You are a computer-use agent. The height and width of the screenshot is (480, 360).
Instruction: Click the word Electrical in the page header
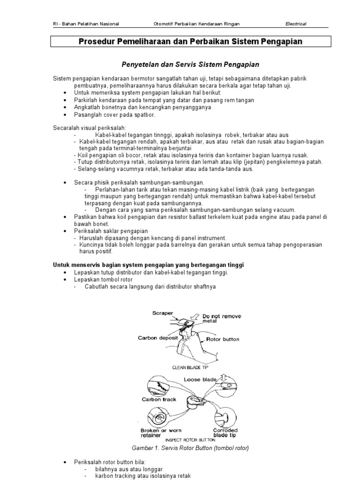tap(296, 24)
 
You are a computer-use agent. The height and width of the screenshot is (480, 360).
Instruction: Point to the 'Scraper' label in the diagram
tap(163, 313)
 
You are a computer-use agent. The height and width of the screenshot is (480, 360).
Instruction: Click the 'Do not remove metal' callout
tap(221, 319)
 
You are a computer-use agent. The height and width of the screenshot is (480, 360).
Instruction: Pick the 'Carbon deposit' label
tap(157, 337)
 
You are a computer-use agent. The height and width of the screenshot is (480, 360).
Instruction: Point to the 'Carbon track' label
tap(159, 399)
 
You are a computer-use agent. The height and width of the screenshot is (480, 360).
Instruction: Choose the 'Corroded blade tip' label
tap(225, 433)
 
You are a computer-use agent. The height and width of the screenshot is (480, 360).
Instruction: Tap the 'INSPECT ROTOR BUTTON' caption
tap(191, 440)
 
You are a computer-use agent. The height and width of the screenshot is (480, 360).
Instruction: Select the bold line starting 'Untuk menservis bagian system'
tap(148, 265)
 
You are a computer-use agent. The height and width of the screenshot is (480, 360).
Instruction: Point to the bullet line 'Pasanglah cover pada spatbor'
tap(114, 114)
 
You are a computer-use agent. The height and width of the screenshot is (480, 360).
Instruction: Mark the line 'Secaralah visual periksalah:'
tap(89, 127)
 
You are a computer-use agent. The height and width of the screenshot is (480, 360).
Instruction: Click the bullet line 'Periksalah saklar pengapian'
tap(111, 231)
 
